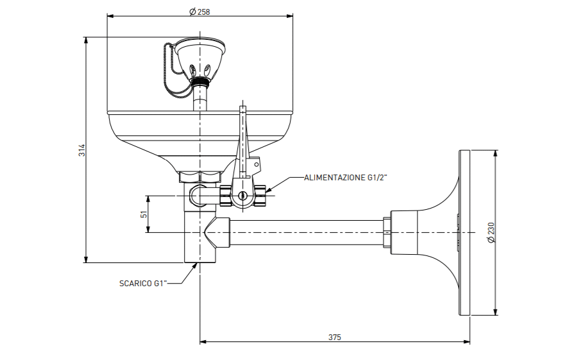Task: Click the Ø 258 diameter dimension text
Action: point(199,12)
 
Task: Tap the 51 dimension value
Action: point(144,214)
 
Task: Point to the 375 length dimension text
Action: point(335,338)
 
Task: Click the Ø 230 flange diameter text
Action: point(491,232)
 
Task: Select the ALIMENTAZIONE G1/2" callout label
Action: point(346,178)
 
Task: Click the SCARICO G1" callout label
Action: point(143,284)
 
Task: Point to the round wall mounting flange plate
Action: point(464,232)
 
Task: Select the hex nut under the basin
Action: point(200,176)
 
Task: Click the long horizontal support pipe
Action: point(307,232)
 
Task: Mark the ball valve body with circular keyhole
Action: point(242,196)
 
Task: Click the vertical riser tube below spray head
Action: point(200,98)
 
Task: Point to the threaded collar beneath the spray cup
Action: point(200,81)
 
